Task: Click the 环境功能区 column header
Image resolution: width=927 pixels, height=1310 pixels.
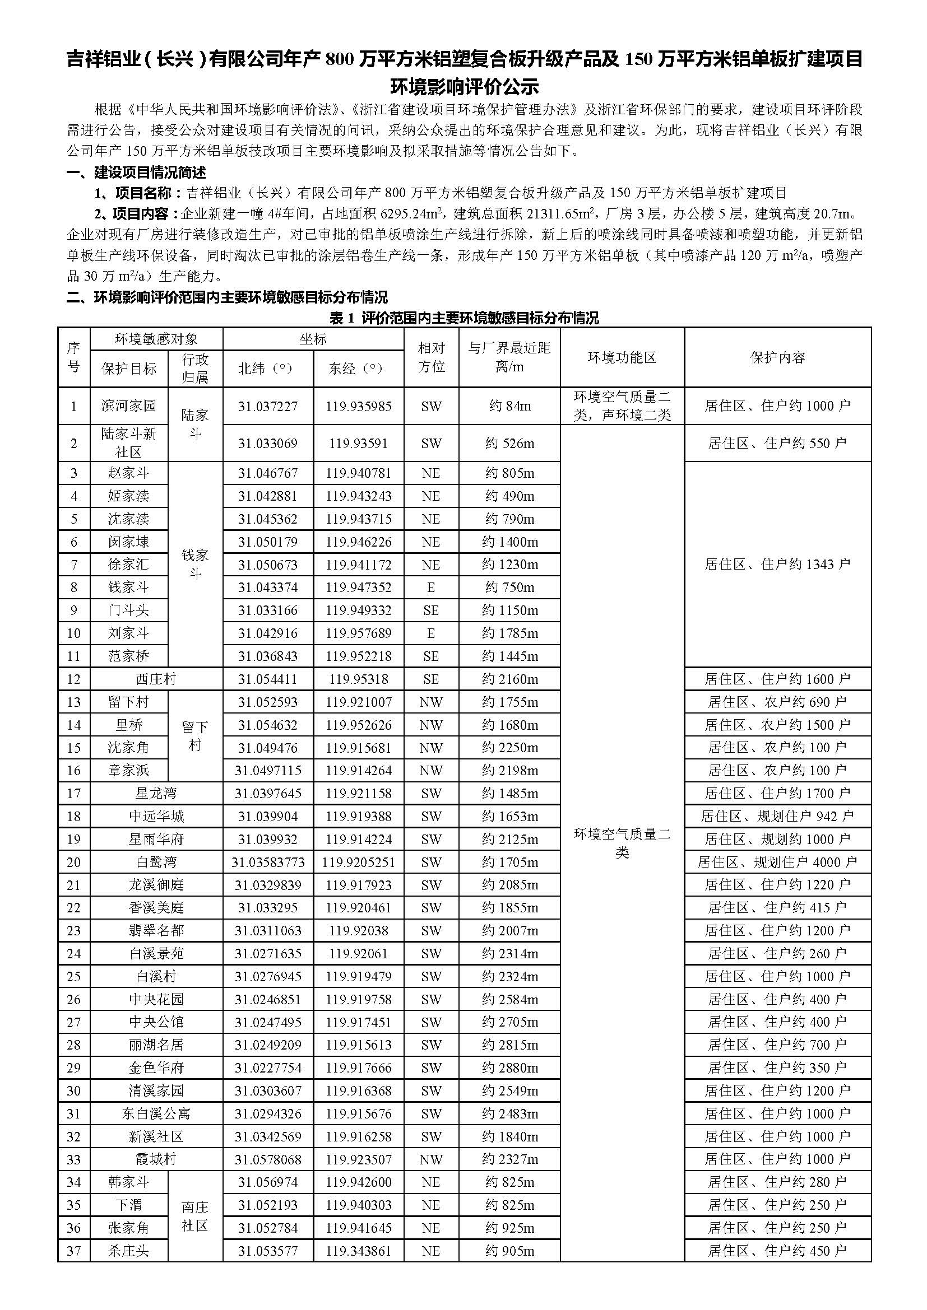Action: tap(622, 358)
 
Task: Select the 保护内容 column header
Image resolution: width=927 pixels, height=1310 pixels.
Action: tap(777, 358)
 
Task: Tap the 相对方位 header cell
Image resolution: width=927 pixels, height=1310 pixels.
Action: tap(431, 358)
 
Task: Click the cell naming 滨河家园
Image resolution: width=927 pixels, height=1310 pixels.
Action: tap(128, 405)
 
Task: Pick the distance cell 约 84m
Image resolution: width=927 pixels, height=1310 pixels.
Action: tap(509, 405)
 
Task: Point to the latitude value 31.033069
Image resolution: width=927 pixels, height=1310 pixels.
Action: tap(268, 444)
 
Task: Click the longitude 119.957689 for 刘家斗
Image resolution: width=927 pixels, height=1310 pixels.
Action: tap(359, 633)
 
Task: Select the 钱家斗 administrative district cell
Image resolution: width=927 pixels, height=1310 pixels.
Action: tap(195, 564)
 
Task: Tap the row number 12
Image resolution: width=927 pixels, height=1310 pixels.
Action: tap(73, 679)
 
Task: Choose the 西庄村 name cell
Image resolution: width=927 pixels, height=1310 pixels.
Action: tap(156, 679)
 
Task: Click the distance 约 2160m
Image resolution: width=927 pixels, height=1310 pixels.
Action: tap(509, 679)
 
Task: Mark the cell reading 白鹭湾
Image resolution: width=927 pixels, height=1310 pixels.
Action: tap(156, 862)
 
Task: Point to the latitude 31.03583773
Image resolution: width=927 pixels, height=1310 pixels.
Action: tap(268, 862)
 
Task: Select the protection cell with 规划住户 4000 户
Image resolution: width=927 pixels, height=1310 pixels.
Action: tap(777, 862)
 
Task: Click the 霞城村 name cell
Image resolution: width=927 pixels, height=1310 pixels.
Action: tap(156, 1159)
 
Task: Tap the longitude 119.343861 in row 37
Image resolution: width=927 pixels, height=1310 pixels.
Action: tap(359, 1251)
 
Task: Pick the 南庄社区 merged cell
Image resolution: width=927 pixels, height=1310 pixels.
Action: tap(195, 1216)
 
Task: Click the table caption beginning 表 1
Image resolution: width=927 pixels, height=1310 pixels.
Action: tap(463, 318)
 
